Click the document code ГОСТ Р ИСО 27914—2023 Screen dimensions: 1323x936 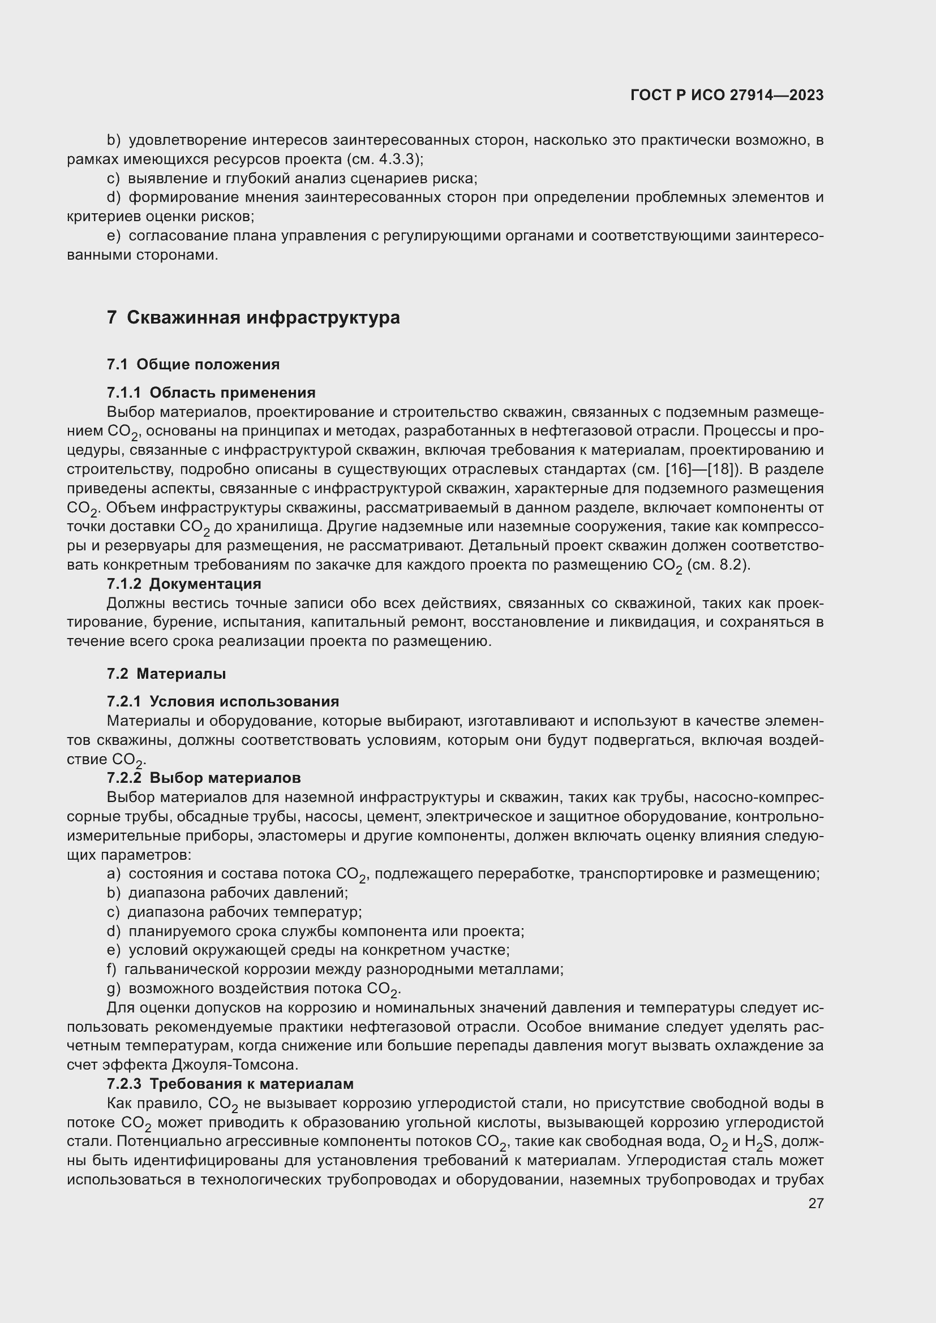(727, 95)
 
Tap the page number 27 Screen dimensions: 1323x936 (815, 1203)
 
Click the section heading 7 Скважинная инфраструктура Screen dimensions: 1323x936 (253, 317)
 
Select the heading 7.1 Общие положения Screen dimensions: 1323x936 (193, 364)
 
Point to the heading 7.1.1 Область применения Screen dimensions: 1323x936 (211, 393)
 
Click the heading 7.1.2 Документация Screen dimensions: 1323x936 (184, 584)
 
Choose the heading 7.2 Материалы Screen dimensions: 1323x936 (166, 674)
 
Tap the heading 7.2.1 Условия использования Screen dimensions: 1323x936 (222, 702)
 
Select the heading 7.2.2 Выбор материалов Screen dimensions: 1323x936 (204, 778)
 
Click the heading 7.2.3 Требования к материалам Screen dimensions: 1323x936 (230, 1084)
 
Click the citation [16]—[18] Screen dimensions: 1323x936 (700, 469)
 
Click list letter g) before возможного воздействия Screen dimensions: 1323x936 (113, 989)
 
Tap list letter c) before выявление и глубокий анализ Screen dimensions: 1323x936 (113, 179)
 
